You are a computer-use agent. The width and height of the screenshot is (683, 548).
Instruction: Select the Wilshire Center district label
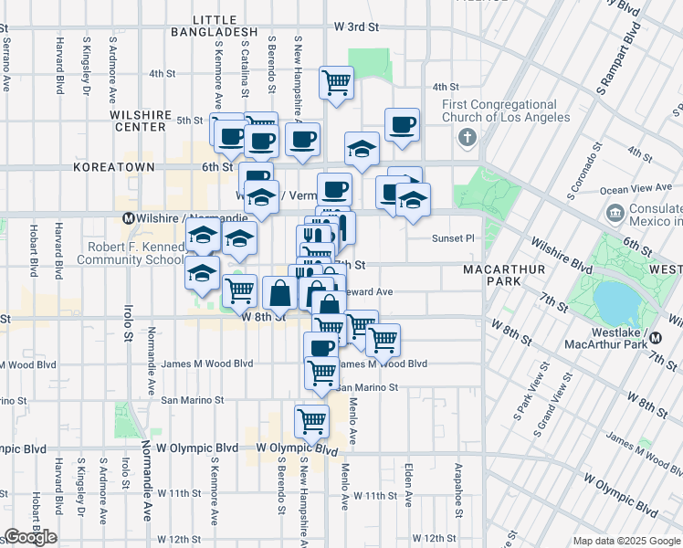141,121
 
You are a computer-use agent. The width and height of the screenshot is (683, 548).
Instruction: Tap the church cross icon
468,139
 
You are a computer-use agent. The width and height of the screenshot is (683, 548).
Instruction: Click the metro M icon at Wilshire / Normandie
129,219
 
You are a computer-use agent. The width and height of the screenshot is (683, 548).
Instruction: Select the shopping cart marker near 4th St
336,82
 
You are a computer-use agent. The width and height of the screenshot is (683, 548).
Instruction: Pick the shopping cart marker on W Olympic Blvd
311,422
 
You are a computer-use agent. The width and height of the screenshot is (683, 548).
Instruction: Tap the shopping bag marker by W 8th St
279,294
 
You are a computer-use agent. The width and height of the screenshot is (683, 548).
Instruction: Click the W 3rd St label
354,27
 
